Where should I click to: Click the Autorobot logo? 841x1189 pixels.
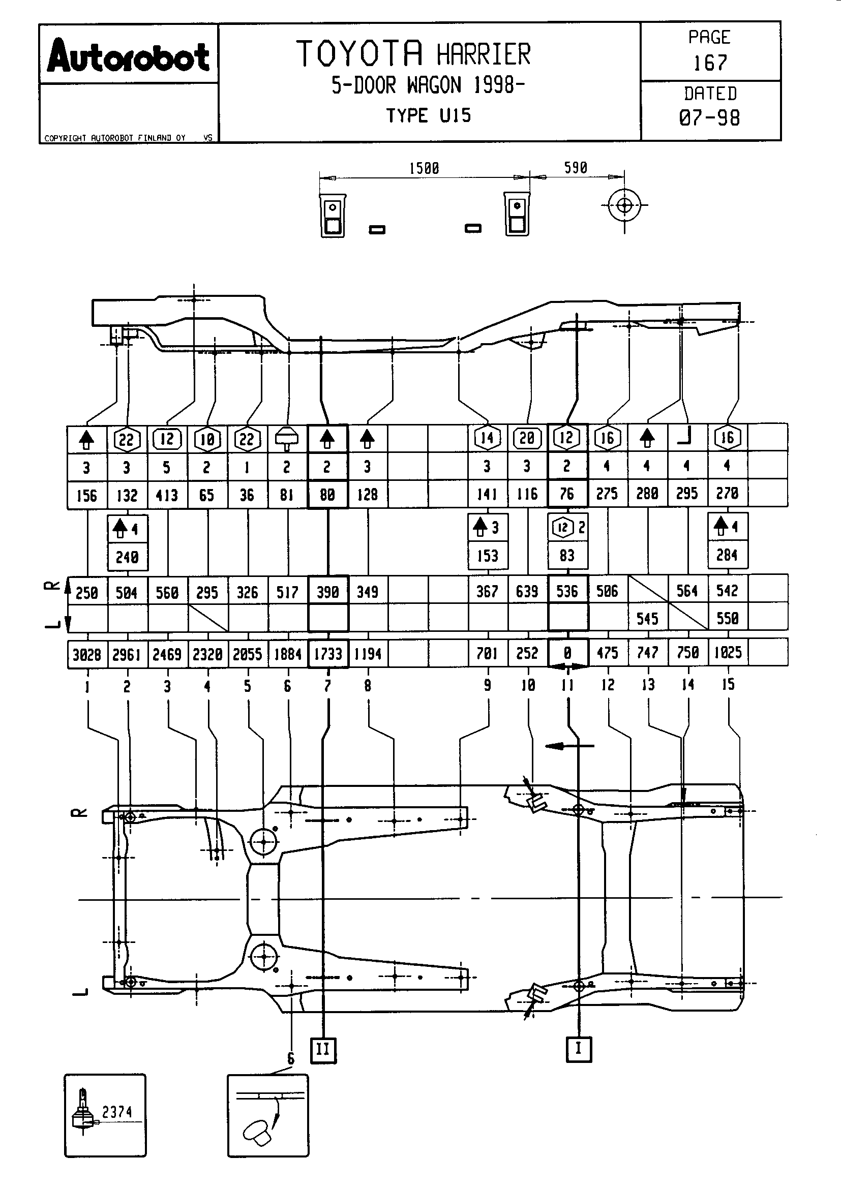click(x=129, y=55)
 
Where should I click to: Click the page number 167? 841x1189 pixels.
click(x=710, y=63)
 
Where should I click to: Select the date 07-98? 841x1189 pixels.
click(x=709, y=118)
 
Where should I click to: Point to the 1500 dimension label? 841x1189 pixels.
click(x=424, y=168)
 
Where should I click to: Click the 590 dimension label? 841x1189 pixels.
click(x=576, y=168)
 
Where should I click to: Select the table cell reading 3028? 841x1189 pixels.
click(x=86, y=655)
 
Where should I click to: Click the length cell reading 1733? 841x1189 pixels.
click(x=328, y=654)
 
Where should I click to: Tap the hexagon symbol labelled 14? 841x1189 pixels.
click(x=487, y=438)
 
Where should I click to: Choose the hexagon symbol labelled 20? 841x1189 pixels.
click(x=527, y=438)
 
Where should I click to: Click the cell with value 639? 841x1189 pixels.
click(x=527, y=591)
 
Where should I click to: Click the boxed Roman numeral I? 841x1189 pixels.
click(x=579, y=1049)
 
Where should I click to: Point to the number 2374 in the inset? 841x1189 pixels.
click(x=117, y=1112)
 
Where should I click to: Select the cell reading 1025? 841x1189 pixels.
click(x=728, y=653)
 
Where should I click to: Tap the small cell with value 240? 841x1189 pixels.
click(x=127, y=557)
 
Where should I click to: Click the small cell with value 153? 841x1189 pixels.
click(x=487, y=556)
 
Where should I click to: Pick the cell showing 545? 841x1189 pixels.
click(x=647, y=618)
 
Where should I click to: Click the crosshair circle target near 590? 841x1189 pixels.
click(x=624, y=205)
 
